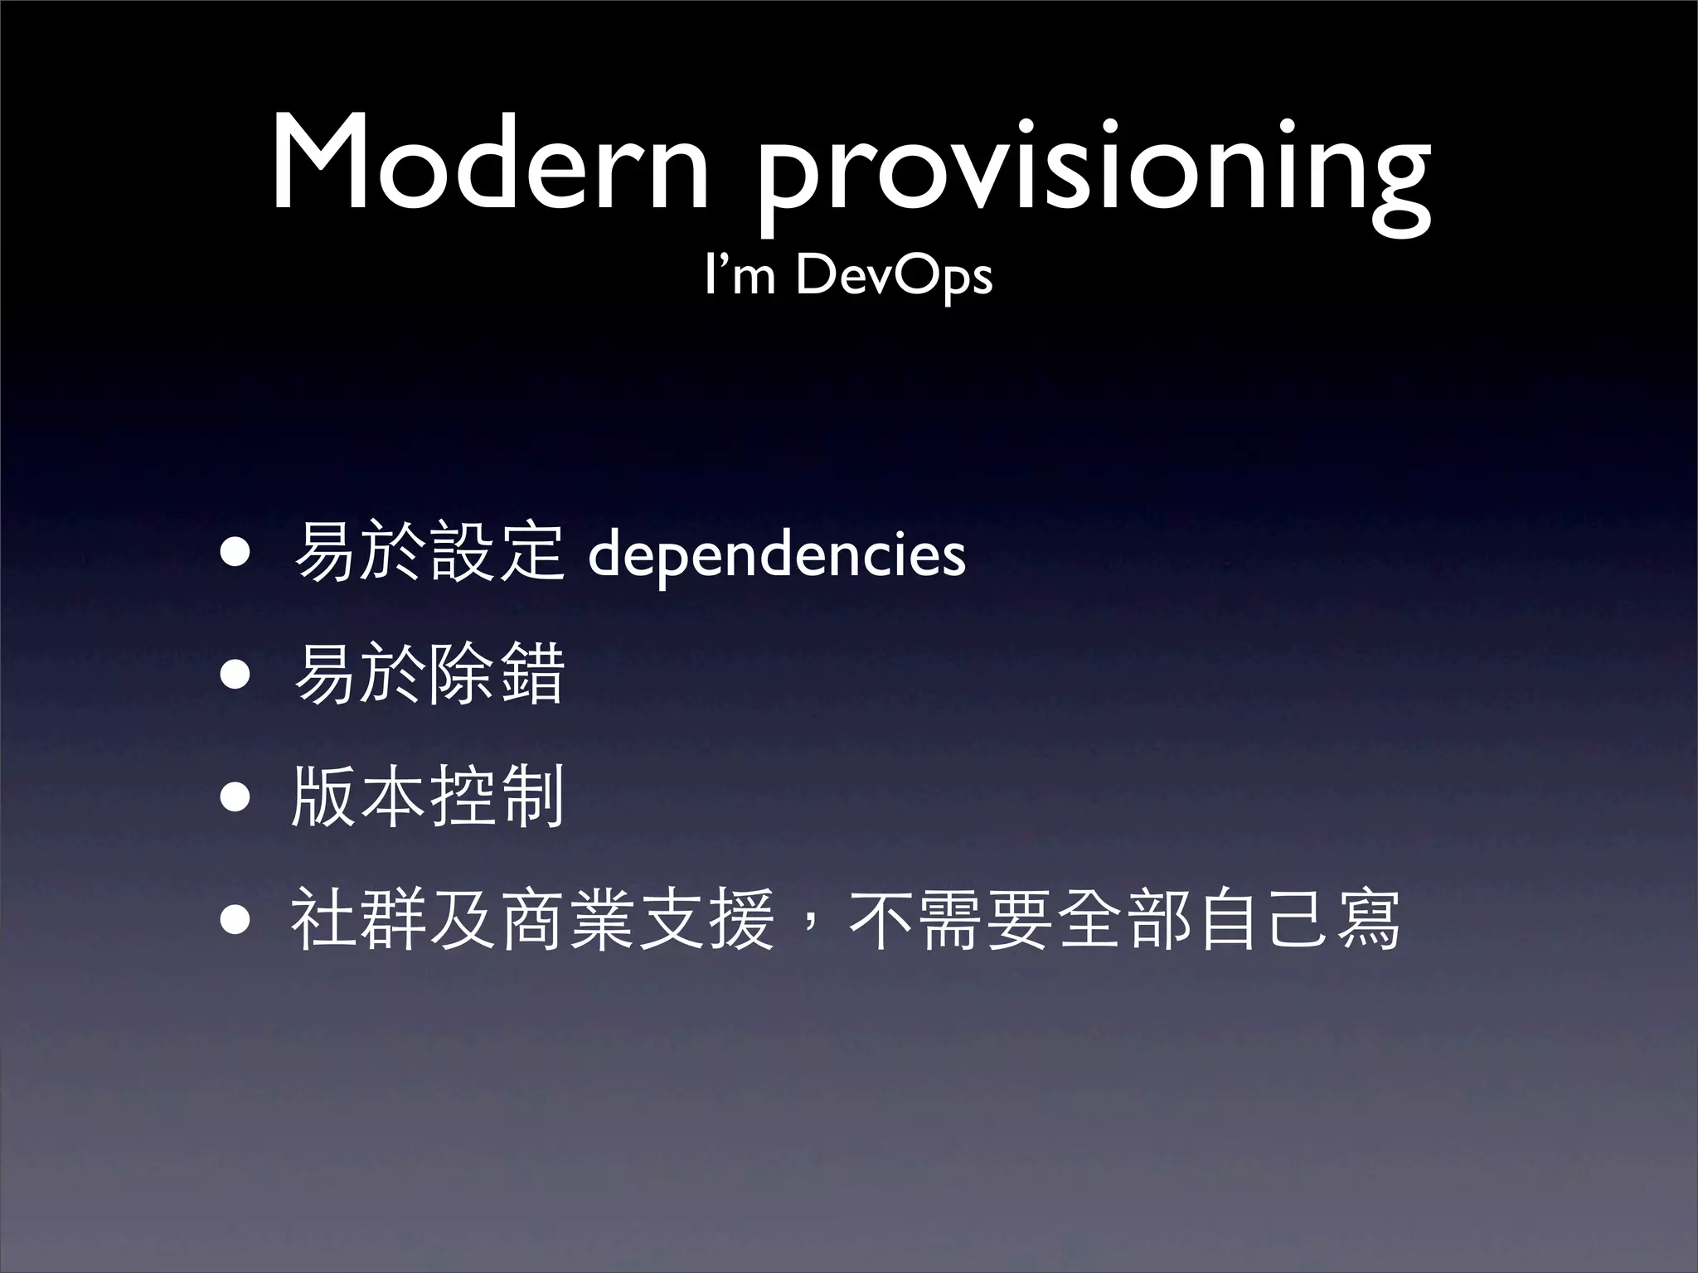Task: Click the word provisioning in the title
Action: tap(1093, 170)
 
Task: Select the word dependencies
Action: tap(776, 556)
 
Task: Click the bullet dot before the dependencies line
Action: tap(235, 554)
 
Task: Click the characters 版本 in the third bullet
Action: tap(360, 796)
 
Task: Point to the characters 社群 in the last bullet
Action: tap(360, 918)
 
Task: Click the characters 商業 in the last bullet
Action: tap(567, 918)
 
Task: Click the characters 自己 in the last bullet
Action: tap(1264, 918)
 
